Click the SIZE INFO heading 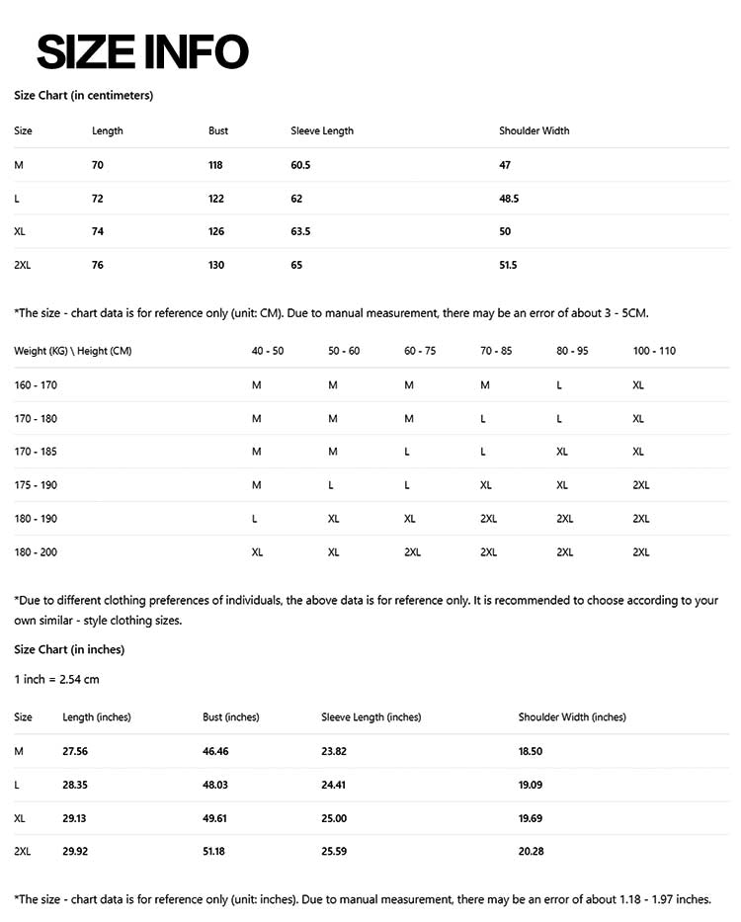point(141,51)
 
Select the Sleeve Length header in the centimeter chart point(322,131)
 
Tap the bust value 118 point(215,165)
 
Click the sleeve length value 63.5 point(300,232)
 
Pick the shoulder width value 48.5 point(509,199)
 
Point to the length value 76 point(98,265)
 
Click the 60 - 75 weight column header point(420,351)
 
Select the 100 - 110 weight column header point(654,351)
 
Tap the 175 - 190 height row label point(36,485)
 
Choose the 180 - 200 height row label point(36,552)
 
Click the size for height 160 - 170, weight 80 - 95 point(559,385)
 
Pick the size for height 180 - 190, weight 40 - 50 point(255,519)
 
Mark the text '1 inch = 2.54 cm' point(56,679)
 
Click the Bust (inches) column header point(230,717)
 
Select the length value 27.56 point(75,752)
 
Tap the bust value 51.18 point(215,851)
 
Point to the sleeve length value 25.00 point(334,818)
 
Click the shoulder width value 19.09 point(531,786)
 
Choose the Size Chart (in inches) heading point(69,649)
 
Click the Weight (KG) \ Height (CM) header point(73,351)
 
